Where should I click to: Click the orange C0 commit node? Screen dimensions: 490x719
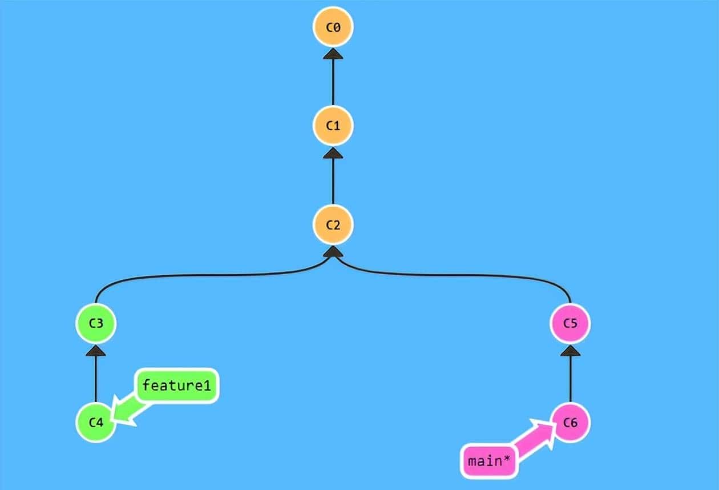[x=333, y=27]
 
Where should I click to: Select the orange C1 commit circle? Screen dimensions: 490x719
[x=333, y=126]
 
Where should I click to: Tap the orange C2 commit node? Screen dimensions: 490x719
[x=333, y=224]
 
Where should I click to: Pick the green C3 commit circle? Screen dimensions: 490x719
[x=96, y=324]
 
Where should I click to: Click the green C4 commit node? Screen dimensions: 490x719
[x=96, y=423]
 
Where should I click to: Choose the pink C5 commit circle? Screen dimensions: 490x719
[x=570, y=324]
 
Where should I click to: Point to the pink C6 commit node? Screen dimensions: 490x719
[x=570, y=423]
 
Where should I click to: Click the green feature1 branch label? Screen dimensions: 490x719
[x=176, y=385]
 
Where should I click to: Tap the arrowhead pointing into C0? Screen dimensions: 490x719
[x=333, y=54]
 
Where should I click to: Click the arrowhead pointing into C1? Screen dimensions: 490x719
[x=333, y=152]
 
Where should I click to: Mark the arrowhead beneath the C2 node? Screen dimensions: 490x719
[x=333, y=252]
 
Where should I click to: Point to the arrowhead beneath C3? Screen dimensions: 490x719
[x=96, y=351]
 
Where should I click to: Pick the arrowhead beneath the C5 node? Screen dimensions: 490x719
[x=570, y=351]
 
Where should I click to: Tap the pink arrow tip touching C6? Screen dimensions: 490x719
[x=548, y=427]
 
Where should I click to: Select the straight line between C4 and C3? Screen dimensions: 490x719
[x=96, y=380]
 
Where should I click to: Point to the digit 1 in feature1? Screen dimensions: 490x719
[x=207, y=385]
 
